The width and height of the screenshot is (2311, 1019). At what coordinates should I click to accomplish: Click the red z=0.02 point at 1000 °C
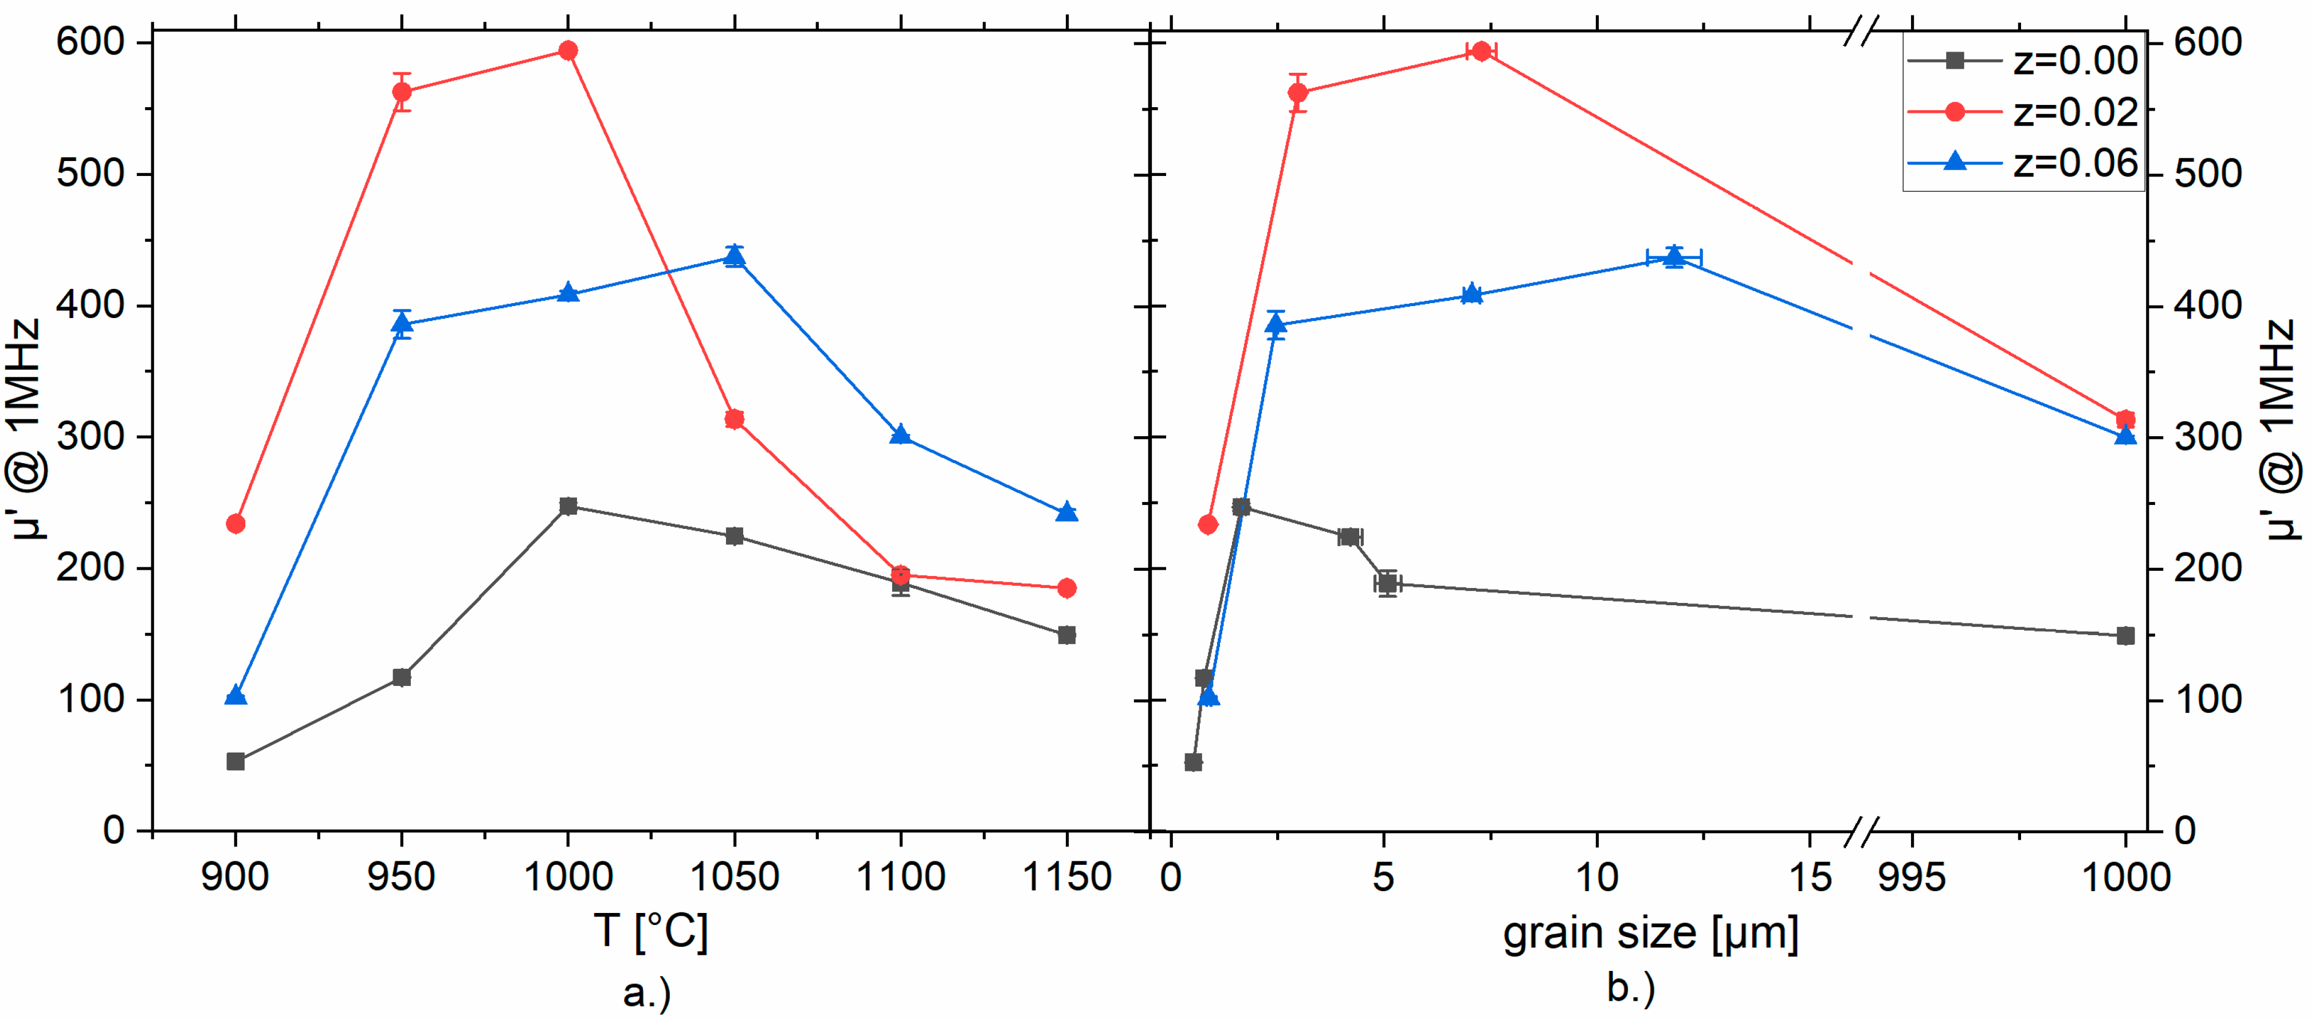pos(568,50)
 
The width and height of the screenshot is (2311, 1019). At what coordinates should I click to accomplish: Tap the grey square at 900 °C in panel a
pos(236,762)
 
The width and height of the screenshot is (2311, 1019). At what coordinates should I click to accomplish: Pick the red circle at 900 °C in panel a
pos(236,524)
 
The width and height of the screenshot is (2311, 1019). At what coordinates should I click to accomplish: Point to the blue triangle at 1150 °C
pos(1067,512)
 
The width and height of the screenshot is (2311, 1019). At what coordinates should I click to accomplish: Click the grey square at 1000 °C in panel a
pos(568,506)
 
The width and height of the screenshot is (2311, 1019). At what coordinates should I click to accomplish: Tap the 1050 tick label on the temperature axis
pos(735,876)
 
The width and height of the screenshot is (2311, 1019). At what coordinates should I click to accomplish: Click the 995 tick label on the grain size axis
pos(1912,876)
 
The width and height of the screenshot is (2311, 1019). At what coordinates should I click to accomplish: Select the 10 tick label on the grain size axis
pos(1597,876)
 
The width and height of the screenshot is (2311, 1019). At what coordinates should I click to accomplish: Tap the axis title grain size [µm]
pos(1651,933)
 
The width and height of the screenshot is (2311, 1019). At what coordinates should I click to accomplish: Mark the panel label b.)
pos(1631,987)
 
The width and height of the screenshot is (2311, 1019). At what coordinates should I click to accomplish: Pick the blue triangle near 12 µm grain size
pos(1674,257)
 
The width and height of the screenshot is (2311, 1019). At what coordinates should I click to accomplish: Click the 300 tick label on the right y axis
pos(2207,437)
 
